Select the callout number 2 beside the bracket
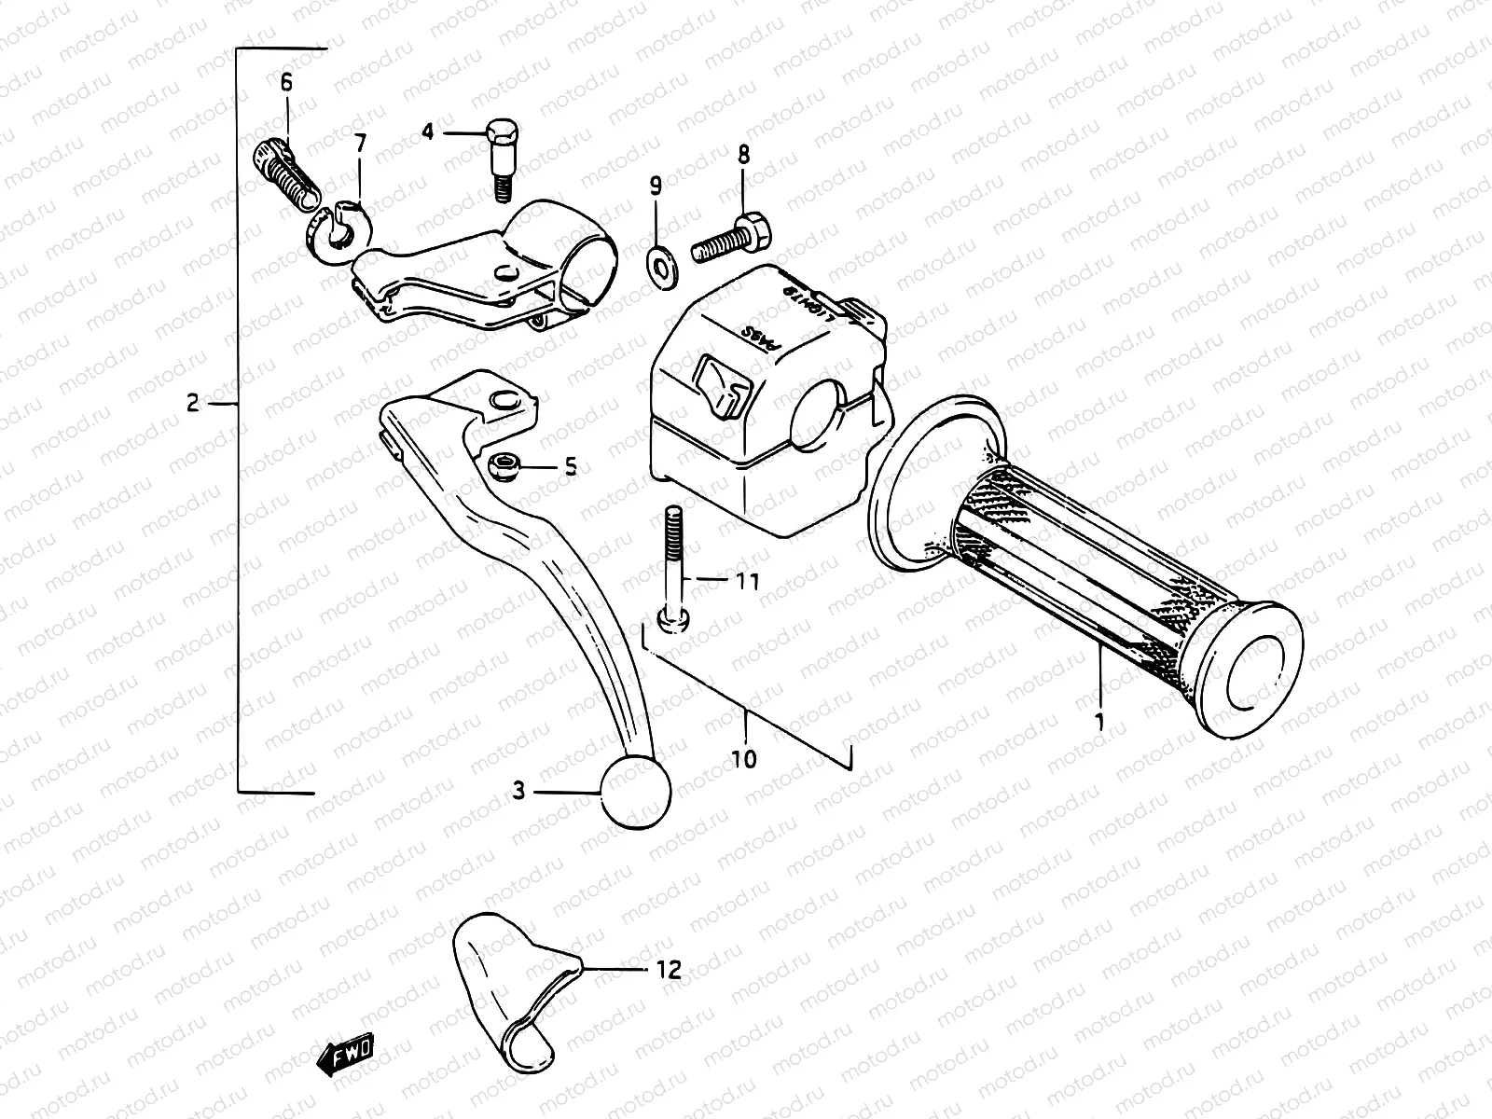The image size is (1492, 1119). [x=193, y=404]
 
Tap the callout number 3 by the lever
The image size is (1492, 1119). [x=518, y=792]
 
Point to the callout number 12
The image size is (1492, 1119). [x=670, y=970]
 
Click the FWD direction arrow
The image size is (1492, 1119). [x=346, y=1055]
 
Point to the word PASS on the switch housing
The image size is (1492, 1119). [x=759, y=341]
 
